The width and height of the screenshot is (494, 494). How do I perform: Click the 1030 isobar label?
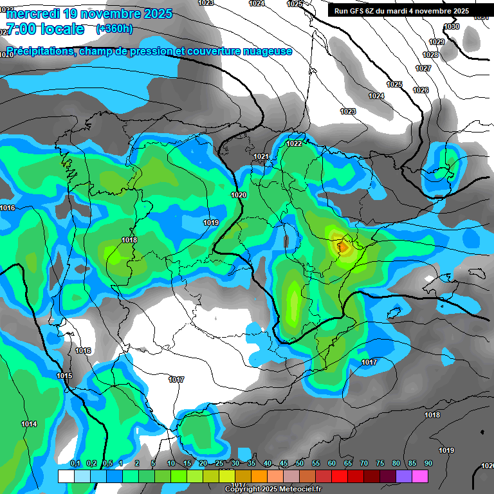pyautogui.click(x=452, y=26)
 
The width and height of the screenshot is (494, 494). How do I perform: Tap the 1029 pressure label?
pyautogui.click(x=437, y=42)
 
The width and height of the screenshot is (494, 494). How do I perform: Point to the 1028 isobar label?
pyautogui.click(x=430, y=55)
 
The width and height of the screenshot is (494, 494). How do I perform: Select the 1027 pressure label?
pyautogui.click(x=423, y=68)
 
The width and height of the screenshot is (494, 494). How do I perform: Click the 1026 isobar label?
pyautogui.click(x=421, y=90)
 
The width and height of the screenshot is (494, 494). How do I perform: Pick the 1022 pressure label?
pyautogui.click(x=295, y=143)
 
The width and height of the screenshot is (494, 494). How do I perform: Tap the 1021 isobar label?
pyautogui.click(x=261, y=157)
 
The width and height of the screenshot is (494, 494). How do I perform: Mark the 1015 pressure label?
pyautogui.click(x=64, y=376)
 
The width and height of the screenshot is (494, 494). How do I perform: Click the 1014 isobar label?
pyautogui.click(x=29, y=424)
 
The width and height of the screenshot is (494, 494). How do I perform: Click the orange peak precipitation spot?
pyautogui.click(x=344, y=246)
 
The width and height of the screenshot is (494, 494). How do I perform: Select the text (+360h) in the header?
pyautogui.click(x=114, y=28)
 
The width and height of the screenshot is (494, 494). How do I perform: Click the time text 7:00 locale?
pyautogui.click(x=45, y=29)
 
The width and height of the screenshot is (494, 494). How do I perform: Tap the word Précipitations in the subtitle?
pyautogui.click(x=38, y=51)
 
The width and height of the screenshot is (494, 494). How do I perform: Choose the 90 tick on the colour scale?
pyautogui.click(x=428, y=464)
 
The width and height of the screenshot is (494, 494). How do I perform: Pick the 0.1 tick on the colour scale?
pyautogui.click(x=75, y=464)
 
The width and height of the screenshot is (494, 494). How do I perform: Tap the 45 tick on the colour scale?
pyautogui.click(x=284, y=464)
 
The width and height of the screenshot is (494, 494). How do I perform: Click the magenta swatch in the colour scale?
pyautogui.click(x=420, y=476)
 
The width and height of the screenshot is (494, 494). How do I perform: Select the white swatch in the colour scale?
pyautogui.click(x=66, y=476)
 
